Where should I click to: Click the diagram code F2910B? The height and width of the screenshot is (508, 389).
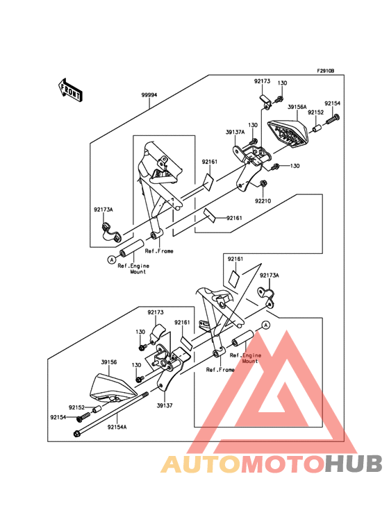point(326,71)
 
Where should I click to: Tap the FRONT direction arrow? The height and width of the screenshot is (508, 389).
point(71,90)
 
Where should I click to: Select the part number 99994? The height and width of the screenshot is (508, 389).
point(149,95)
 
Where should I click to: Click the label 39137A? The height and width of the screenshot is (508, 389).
point(235,131)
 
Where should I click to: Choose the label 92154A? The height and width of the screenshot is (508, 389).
point(117,427)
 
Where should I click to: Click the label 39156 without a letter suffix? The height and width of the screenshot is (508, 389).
point(109,362)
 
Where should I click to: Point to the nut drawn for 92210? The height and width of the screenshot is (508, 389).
point(263,184)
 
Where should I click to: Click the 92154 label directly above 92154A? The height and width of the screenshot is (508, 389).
point(58,418)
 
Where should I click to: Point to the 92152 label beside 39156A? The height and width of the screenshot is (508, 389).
point(316,112)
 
